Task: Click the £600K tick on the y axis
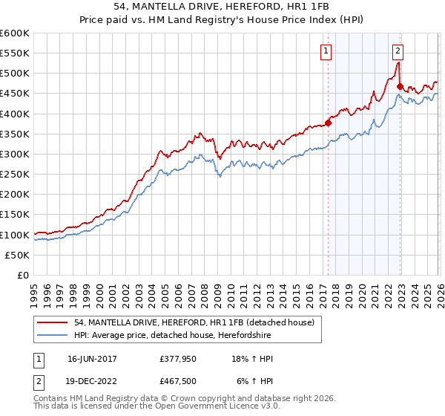[15, 33]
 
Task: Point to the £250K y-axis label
[15, 174]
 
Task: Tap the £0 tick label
[23, 275]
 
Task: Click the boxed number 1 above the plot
[326, 51]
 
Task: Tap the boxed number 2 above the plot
[398, 51]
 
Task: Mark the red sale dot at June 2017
[328, 123]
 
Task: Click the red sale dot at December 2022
[400, 87]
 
